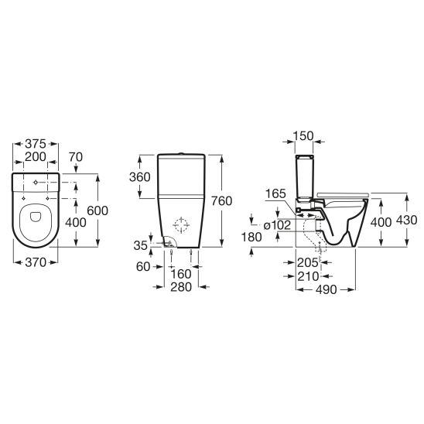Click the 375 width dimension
(x=36, y=144)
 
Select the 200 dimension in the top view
(x=36, y=156)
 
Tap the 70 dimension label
(x=76, y=157)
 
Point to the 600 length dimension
(x=97, y=210)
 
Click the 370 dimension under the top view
(x=36, y=262)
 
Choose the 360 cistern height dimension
(x=140, y=177)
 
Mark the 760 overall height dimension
(x=222, y=201)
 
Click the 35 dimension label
(x=141, y=245)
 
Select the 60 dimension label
(x=143, y=267)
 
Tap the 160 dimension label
(x=181, y=274)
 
